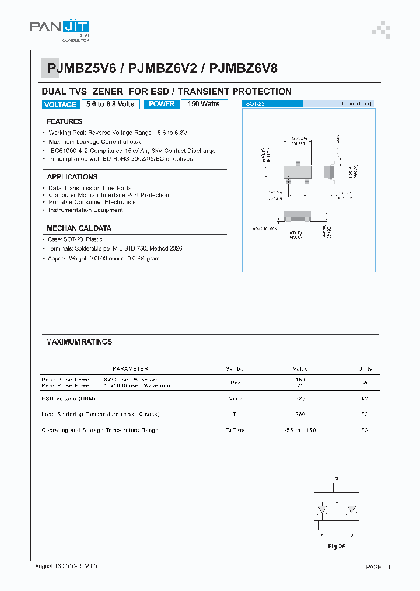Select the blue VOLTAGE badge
pos(60,105)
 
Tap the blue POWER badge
pos(162,104)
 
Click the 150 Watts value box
pos(204,104)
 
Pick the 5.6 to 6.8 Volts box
pos(110,104)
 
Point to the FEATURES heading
pos(64,121)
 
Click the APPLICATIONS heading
pos(72,176)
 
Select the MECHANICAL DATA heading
pos(79,228)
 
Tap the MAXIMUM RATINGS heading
pos(79,342)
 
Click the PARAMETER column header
pos(130,368)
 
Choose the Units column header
pos(365,368)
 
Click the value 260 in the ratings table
pos(300,414)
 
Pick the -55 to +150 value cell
pos(300,430)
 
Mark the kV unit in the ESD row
pos(365,398)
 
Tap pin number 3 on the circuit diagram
pos(336,478)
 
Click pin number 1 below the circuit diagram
pos(321,535)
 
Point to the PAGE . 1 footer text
pos(378,567)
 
